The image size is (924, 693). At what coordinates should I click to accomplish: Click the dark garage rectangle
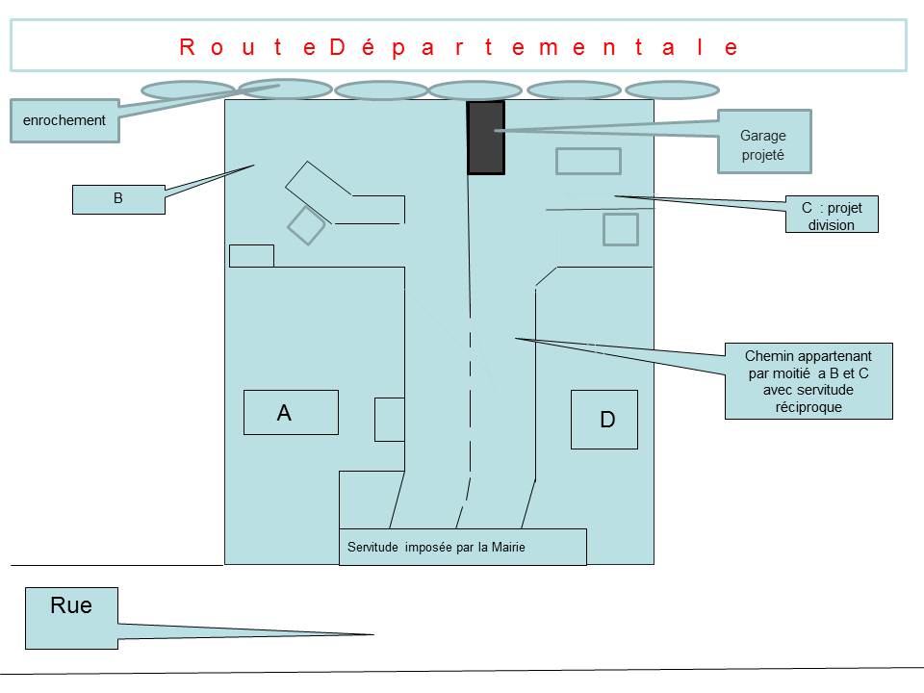coord(485,138)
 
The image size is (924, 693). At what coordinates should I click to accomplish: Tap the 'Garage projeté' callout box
coord(764,141)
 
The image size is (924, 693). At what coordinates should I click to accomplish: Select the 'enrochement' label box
coord(64,121)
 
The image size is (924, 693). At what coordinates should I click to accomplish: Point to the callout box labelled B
coord(118,199)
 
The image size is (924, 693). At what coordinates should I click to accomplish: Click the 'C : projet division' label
coord(832,215)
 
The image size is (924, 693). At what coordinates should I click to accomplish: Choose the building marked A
coord(291,413)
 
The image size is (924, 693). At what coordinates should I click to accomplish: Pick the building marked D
coord(604,420)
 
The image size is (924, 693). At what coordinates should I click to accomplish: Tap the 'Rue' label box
coord(71,618)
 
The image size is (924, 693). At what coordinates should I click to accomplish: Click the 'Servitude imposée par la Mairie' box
coord(463,547)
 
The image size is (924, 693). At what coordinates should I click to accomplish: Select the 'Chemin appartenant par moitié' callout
coord(808,381)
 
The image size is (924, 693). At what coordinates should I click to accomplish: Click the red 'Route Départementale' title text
coord(458,47)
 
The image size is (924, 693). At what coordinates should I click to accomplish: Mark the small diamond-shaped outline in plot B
coord(306,225)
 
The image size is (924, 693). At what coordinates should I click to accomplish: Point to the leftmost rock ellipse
coord(188,90)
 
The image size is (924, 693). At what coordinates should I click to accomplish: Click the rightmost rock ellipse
coord(673,90)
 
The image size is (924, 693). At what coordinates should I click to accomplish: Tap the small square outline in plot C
coord(621,229)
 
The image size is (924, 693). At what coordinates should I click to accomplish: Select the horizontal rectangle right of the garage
coord(588,161)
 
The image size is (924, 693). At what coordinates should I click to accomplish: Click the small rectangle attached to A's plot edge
coord(390,420)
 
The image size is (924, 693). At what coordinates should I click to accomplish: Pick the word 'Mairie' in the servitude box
coord(508,547)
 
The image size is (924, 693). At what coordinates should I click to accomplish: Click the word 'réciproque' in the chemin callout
coord(808,407)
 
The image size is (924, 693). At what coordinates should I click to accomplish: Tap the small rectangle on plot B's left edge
coord(251,256)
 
